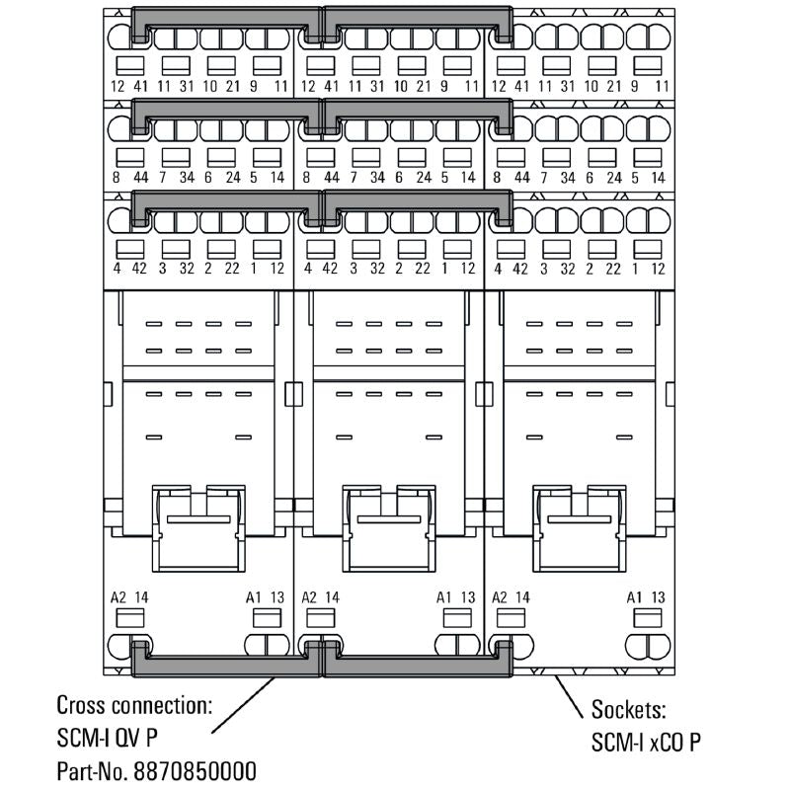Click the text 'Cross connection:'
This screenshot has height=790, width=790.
point(134,705)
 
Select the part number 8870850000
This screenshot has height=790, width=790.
point(195,771)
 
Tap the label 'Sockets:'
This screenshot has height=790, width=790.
point(629,709)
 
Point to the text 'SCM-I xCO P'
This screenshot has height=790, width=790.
point(646,742)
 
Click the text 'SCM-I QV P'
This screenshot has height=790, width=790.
point(108,738)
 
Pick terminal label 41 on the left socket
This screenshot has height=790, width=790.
point(140,87)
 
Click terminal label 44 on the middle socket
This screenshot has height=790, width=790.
point(331,178)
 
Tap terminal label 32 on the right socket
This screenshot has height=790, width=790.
point(567,269)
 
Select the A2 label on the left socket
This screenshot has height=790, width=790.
point(118,597)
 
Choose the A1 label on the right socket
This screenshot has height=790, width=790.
point(634,597)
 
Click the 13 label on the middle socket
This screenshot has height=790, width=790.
point(467,597)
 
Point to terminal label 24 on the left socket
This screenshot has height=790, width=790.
point(232,178)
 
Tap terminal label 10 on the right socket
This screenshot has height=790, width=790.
point(591,87)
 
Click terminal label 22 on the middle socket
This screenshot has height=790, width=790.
point(423,269)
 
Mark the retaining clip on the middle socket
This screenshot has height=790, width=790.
point(388,528)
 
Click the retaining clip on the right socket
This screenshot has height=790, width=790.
point(579,528)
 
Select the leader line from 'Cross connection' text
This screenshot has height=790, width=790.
point(243,705)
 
